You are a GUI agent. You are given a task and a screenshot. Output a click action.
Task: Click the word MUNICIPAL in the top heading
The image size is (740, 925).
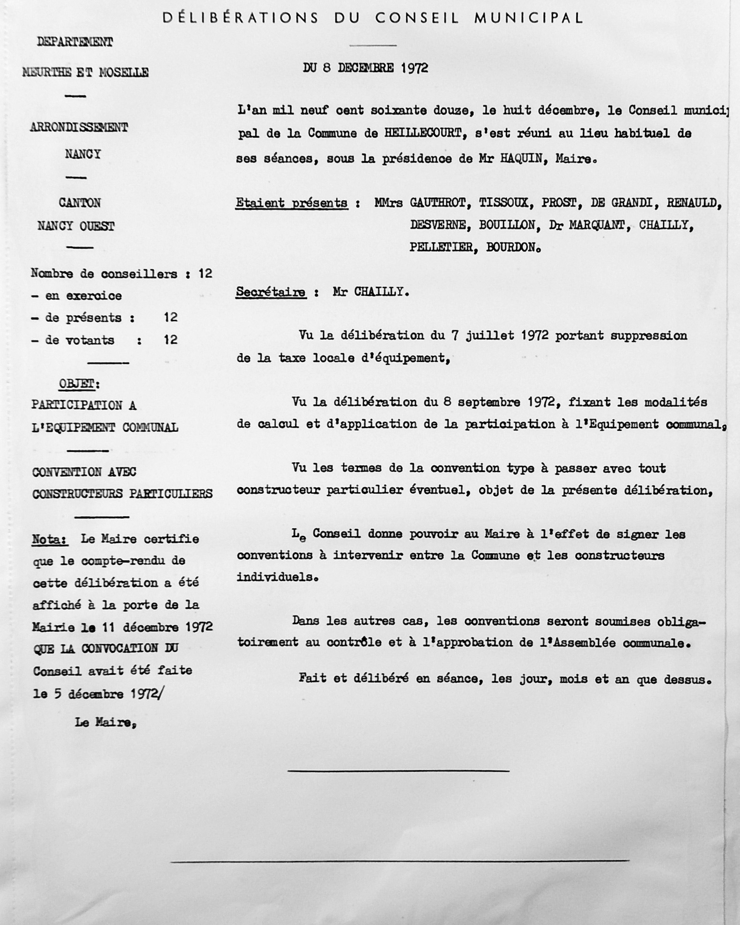click(529, 18)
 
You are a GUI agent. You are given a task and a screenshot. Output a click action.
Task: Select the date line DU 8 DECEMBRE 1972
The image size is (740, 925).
click(365, 68)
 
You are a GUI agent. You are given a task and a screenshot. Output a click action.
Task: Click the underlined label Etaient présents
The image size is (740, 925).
click(291, 203)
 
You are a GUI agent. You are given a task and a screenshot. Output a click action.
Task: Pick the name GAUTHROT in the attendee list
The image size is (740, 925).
click(437, 203)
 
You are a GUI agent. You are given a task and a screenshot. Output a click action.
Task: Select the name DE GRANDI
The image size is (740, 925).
click(621, 203)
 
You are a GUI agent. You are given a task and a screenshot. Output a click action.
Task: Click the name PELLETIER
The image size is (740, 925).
click(441, 247)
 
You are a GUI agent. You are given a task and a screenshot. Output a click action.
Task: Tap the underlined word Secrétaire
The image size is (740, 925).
click(270, 292)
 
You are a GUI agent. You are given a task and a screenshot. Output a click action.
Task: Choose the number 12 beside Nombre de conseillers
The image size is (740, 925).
click(205, 274)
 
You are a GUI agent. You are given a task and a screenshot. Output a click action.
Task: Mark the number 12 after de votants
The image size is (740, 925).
click(170, 340)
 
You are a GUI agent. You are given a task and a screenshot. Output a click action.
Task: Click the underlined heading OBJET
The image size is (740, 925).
click(77, 384)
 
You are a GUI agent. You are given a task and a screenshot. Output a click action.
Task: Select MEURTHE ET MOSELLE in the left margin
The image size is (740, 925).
click(85, 73)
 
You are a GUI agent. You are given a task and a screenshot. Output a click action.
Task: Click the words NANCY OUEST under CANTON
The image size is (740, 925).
click(76, 226)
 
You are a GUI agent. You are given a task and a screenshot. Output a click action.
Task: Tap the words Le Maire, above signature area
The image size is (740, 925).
click(105, 722)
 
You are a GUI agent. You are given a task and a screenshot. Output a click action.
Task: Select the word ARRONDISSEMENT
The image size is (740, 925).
click(79, 127)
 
